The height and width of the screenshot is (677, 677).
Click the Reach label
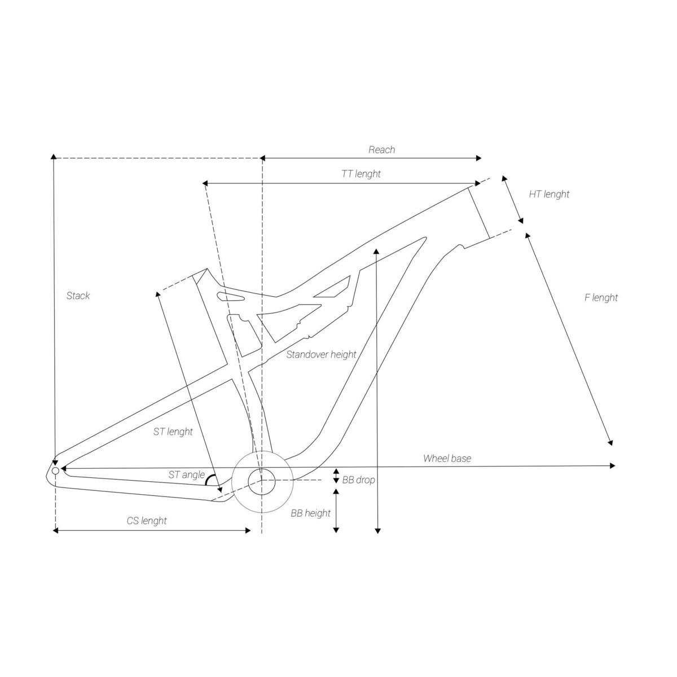[x=381, y=150]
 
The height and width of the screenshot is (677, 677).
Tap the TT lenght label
[x=361, y=174]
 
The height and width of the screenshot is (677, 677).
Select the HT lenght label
[x=549, y=194]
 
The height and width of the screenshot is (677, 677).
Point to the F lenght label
[x=601, y=298]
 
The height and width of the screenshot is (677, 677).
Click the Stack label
[x=78, y=296]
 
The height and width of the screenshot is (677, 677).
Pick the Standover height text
[x=321, y=354]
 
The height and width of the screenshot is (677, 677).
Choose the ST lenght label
[x=173, y=432]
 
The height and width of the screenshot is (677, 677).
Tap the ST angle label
[x=186, y=474]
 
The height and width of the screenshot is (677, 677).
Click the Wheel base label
[x=447, y=458]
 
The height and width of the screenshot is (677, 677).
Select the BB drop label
[x=358, y=480]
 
